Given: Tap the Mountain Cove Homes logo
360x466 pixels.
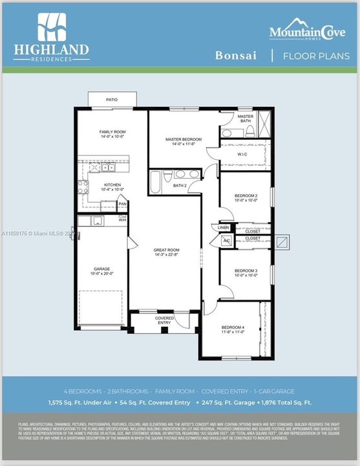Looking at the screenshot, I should [310, 31].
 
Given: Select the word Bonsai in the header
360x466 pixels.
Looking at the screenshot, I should [235, 56].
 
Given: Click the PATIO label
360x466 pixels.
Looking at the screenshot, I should [112, 100].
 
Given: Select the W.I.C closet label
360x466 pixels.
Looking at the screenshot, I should [242, 154].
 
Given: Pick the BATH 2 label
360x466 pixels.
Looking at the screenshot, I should [180, 186].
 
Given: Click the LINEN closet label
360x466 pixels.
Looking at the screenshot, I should [224, 228].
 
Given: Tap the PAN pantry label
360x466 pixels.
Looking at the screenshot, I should [122, 204].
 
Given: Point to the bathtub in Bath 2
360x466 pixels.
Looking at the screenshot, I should [156, 182].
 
